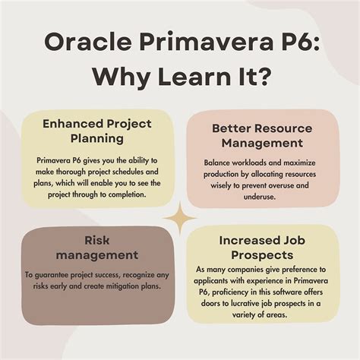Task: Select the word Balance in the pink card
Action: tap(219, 163)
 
